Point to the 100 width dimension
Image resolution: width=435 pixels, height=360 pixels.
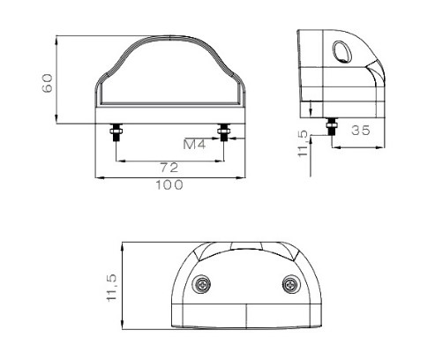169,184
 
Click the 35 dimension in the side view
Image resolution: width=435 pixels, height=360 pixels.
359,131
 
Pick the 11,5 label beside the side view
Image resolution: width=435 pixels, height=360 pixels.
304,145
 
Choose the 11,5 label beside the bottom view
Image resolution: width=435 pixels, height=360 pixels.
111,288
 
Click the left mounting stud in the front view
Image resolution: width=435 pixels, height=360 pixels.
116,132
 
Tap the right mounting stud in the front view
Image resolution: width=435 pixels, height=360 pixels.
226,132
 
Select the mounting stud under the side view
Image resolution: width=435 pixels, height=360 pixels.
333,127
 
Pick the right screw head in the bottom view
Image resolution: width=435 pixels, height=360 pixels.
290,284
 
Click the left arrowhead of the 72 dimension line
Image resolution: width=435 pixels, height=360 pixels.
118,161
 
